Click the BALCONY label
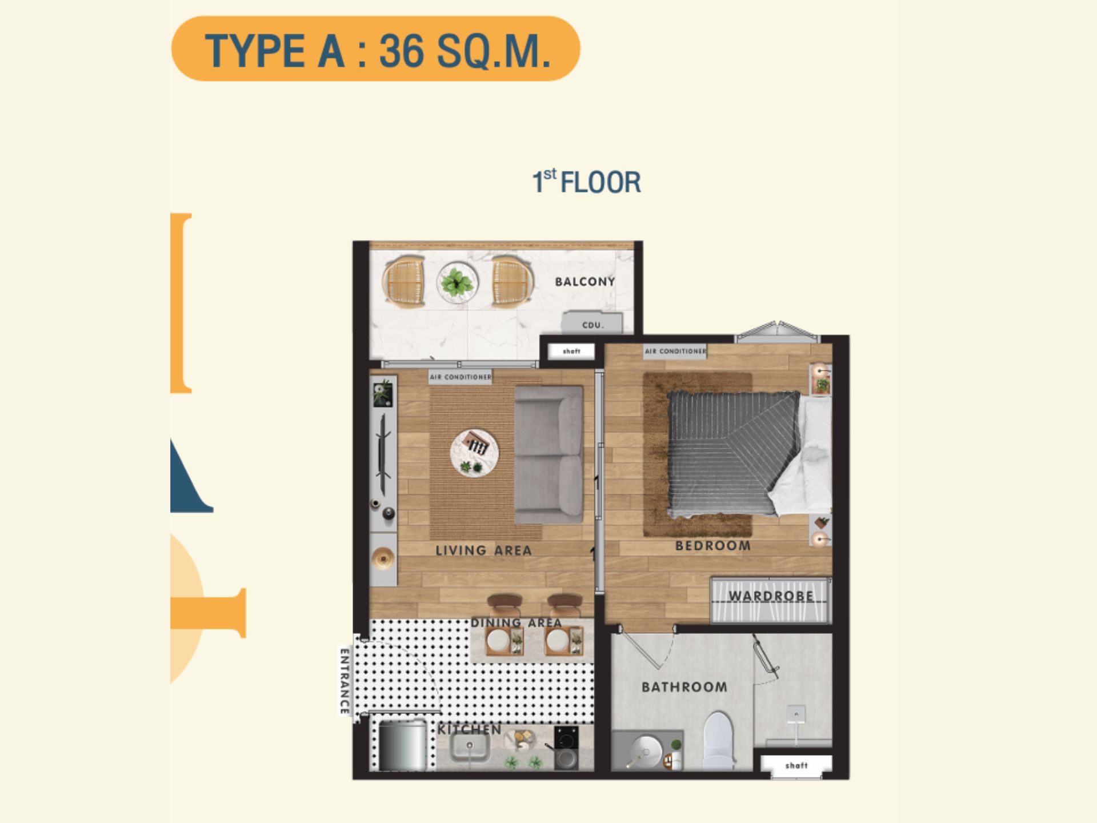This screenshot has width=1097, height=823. click(x=584, y=281)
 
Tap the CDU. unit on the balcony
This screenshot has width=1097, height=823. click(x=592, y=323)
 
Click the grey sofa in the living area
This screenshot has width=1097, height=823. click(x=548, y=454)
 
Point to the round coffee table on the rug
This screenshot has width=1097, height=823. click(x=474, y=453)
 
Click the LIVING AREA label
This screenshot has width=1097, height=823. click(x=483, y=550)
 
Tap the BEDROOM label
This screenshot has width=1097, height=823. click(x=713, y=546)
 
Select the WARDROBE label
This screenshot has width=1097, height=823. click(x=771, y=596)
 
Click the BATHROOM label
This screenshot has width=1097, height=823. click(x=684, y=686)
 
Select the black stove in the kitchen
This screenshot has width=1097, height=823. click(x=566, y=748)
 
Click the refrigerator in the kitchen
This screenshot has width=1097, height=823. click(x=403, y=745)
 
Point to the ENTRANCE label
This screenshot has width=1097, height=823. click(x=344, y=681)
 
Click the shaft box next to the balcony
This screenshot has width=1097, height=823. click(x=571, y=351)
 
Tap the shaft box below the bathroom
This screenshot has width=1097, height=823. click(x=796, y=765)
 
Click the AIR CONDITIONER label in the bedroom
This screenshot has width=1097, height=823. click(x=675, y=351)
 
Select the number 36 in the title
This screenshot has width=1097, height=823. click(x=402, y=50)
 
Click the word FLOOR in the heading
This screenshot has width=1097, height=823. click(x=600, y=182)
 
